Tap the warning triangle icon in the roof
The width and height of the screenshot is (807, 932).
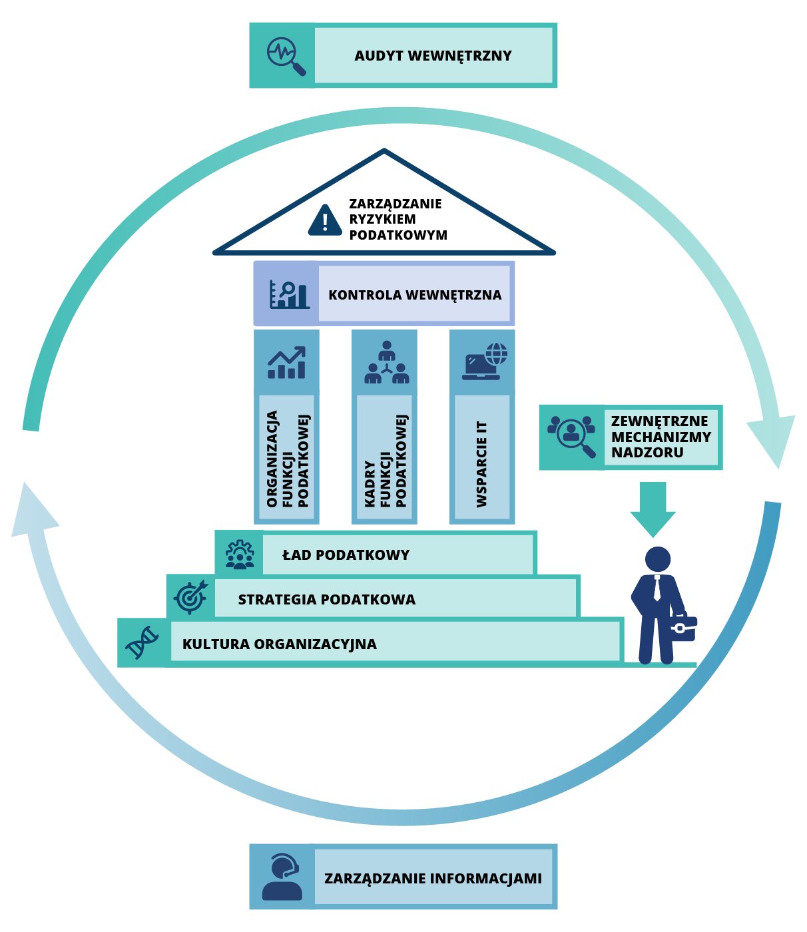click(325, 220)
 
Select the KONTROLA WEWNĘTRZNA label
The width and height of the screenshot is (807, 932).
click(415, 295)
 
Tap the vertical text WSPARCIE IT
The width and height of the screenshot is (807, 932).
click(482, 464)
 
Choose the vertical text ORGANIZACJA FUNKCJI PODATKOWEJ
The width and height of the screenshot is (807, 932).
click(288, 459)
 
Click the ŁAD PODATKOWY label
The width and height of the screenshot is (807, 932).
click(346, 555)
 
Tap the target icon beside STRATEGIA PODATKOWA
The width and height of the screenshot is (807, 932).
click(190, 596)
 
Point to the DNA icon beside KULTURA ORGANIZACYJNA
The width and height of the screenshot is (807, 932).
click(142, 642)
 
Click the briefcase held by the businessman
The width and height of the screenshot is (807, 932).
click(682, 626)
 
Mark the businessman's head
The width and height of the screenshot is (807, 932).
click(658, 559)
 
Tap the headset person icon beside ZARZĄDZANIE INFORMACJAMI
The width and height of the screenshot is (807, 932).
click(282, 877)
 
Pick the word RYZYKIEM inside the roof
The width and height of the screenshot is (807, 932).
click(382, 219)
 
